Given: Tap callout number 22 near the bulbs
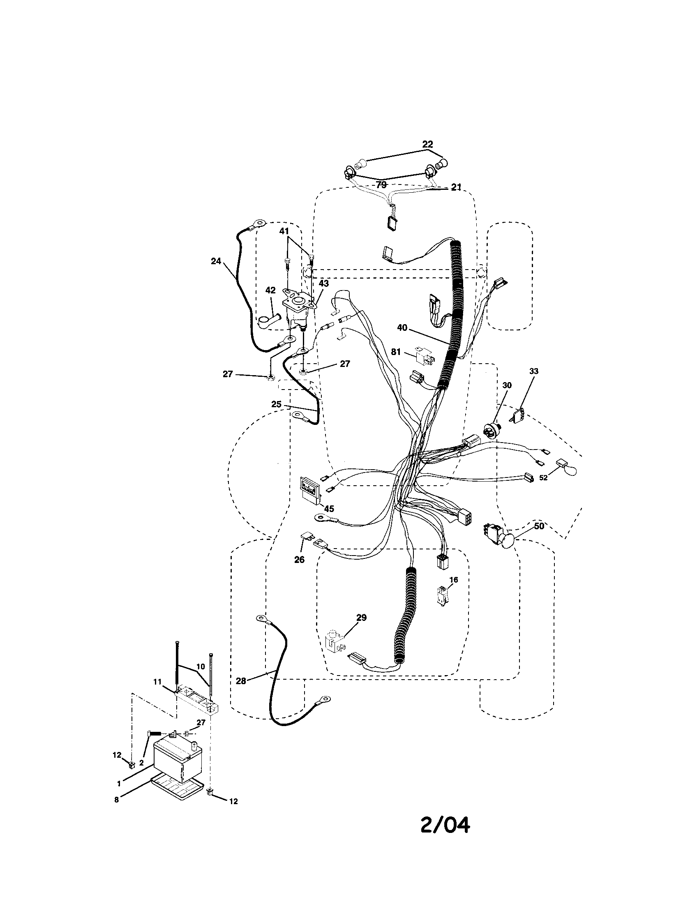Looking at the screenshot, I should click(x=427, y=145).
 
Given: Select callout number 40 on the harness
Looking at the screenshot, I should click(x=402, y=328).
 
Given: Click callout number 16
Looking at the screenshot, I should click(x=454, y=580).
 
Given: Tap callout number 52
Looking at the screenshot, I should click(x=543, y=477).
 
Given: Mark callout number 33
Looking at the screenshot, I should click(x=534, y=371).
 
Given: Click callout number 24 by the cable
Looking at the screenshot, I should click(x=216, y=261).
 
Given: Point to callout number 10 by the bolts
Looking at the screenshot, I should click(x=200, y=667).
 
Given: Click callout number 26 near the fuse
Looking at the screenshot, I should click(x=299, y=560).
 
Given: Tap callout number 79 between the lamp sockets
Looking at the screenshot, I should click(x=381, y=185).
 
